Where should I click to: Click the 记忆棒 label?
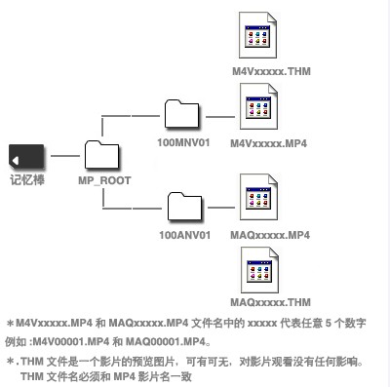[x=25, y=178]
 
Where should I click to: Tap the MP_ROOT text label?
[x=104, y=179]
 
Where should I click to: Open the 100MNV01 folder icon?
[x=182, y=113]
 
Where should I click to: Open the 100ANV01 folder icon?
[x=182, y=208]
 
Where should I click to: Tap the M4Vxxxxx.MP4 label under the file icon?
[x=269, y=142]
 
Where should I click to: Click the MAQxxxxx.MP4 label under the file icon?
[x=270, y=235]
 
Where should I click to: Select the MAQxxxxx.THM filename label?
[x=270, y=302]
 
